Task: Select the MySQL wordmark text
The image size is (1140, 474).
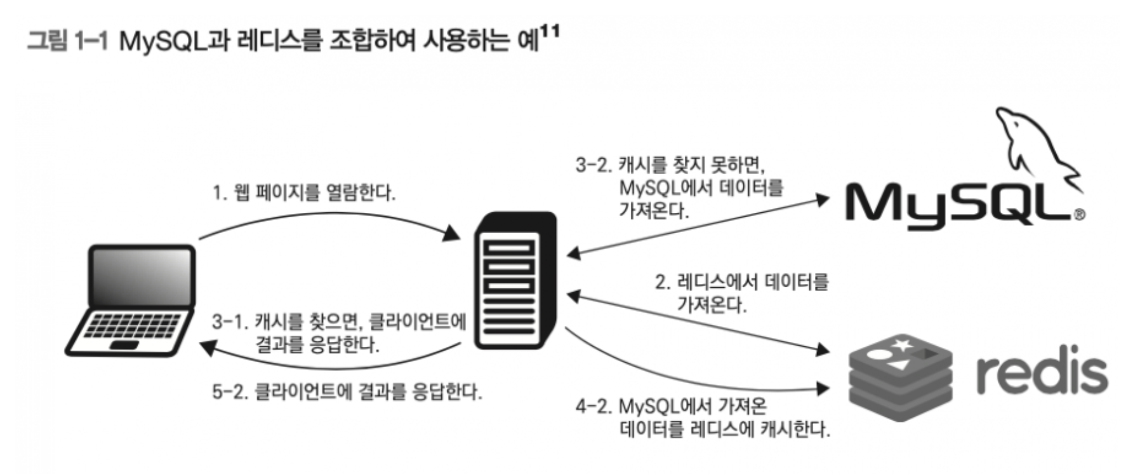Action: click(958, 203)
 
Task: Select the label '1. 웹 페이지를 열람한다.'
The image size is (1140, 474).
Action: click(303, 192)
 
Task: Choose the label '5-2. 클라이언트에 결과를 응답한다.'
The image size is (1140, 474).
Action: click(347, 391)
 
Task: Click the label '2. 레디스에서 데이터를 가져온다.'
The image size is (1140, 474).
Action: click(741, 293)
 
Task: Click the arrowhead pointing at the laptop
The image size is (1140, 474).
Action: click(206, 348)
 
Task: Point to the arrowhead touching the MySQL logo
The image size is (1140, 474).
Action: click(823, 200)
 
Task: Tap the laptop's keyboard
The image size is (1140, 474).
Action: click(130, 327)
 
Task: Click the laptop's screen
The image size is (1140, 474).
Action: click(141, 276)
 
